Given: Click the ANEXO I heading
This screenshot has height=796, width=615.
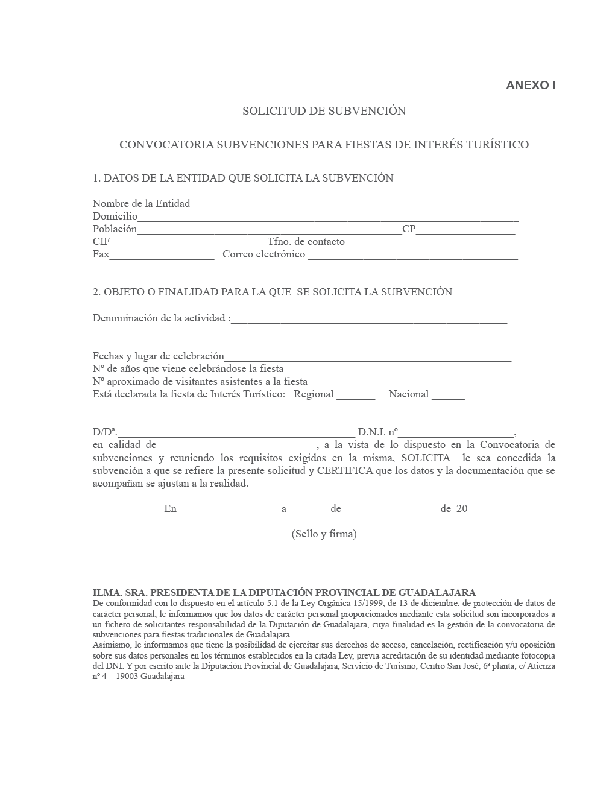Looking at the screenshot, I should tap(530, 85).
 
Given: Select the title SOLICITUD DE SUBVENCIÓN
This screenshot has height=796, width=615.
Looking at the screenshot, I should tap(324, 111).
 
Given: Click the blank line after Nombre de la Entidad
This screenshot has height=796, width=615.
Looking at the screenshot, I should tap(353, 205).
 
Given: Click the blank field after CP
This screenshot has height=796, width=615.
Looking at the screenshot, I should tap(465, 230).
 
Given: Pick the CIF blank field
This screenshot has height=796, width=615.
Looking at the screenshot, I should tap(188, 243).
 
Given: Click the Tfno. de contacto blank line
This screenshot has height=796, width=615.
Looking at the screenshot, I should tap(430, 243).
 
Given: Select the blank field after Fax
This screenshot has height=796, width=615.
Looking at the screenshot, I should tap(162, 256).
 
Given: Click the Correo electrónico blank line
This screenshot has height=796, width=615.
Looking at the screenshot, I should tap(412, 256).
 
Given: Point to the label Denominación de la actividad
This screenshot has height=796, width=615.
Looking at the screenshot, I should tap(160, 318).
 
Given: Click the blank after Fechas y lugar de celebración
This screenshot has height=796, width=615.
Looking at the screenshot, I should tap(368, 358).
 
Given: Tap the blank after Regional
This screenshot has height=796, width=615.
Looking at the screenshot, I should tap(356, 396).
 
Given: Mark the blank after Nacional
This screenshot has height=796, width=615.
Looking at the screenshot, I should tap(448, 396).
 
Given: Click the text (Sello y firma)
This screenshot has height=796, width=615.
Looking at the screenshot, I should tap(324, 534).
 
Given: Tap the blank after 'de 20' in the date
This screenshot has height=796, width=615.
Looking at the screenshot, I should tap(476, 510).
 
